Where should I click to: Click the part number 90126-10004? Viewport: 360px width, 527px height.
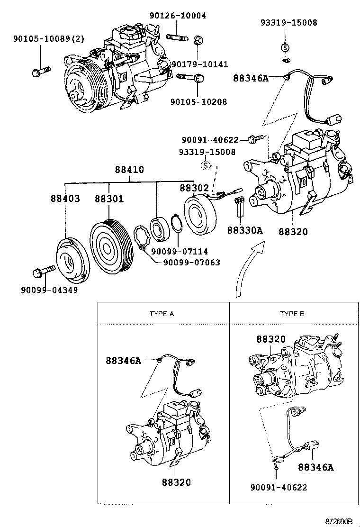tap(178, 16)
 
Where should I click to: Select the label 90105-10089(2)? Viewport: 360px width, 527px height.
tap(49, 39)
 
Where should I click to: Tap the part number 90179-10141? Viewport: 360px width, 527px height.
tap(199, 64)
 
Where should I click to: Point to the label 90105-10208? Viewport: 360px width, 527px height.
tap(198, 101)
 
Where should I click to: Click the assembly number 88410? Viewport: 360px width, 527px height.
tap(129, 169)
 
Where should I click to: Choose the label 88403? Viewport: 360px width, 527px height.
tap(65, 199)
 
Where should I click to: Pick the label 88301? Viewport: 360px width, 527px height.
tap(109, 199)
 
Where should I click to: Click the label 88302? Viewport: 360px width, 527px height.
tap(194, 188)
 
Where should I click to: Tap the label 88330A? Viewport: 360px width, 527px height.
tap(245, 230)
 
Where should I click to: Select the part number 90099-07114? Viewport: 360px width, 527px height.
tap(180, 251)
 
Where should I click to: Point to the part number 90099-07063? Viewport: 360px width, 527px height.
tap(192, 262)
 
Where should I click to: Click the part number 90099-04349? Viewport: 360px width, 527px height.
tap(49, 290)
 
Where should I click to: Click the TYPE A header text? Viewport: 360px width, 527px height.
tap(162, 314)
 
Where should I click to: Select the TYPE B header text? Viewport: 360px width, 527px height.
tap(292, 314)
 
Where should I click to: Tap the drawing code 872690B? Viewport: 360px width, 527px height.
tap(339, 521)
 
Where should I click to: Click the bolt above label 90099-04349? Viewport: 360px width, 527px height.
tap(44, 271)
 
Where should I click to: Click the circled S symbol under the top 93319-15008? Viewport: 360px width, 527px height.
tap(285, 47)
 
